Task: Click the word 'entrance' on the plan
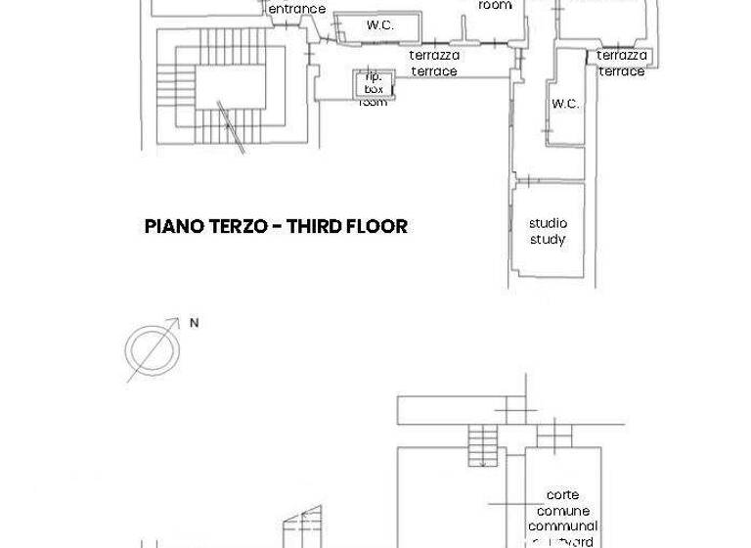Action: (296, 9)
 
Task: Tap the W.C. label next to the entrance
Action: (380, 25)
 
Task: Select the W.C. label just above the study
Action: (565, 104)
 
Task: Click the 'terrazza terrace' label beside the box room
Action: (434, 64)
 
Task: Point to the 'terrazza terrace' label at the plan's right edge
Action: (622, 64)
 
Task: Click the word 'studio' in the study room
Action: (548, 223)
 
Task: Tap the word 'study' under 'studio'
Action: (548, 240)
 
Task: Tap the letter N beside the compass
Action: (194, 323)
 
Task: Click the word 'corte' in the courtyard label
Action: (562, 495)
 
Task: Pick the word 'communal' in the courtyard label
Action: (562, 526)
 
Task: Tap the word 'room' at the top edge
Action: (495, 5)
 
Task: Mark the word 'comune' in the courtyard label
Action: (562, 511)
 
